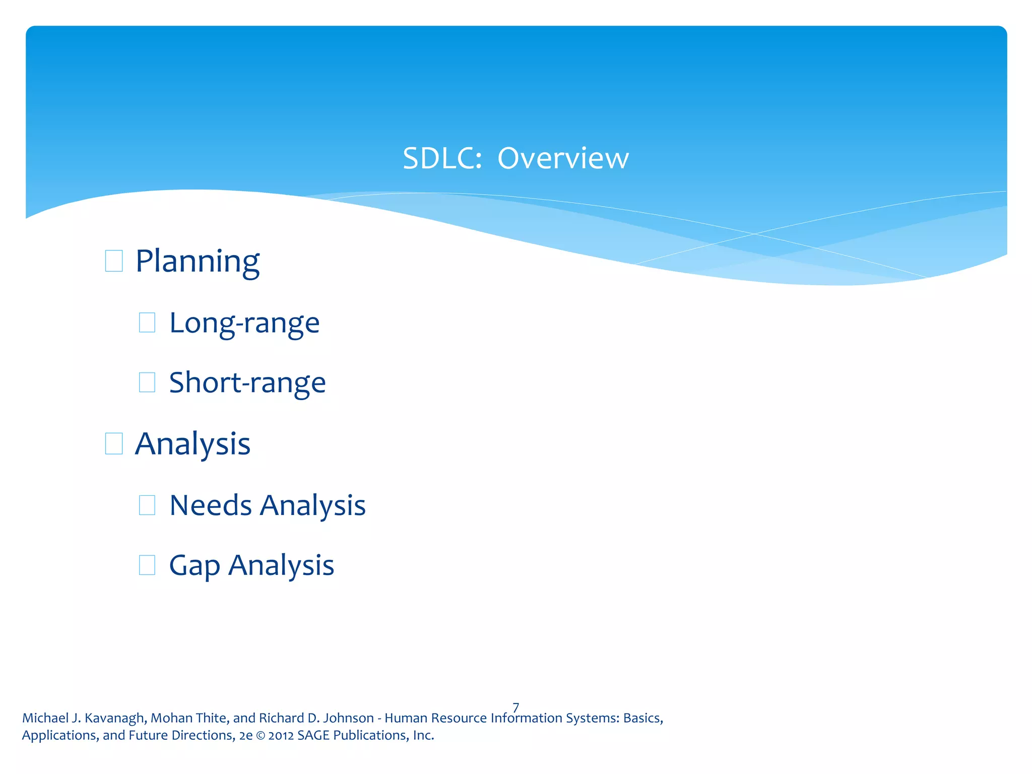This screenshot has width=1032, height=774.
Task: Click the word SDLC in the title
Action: click(x=442, y=159)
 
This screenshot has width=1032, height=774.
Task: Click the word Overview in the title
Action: click(x=563, y=159)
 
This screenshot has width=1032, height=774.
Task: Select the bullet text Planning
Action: click(x=198, y=262)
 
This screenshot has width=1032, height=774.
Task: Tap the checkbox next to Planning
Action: click(x=114, y=261)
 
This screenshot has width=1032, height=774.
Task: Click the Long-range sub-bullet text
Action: click(x=244, y=323)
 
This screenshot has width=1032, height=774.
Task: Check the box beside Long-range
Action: click(x=147, y=322)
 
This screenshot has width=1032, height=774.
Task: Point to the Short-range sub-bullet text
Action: click(x=247, y=383)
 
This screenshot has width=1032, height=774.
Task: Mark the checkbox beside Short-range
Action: click(x=147, y=382)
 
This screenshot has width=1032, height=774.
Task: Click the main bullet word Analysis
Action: click(x=192, y=444)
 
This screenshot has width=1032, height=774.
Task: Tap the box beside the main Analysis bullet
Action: click(x=114, y=444)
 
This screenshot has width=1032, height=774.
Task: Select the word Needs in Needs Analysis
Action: click(x=211, y=505)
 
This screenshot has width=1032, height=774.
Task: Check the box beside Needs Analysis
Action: click(x=147, y=505)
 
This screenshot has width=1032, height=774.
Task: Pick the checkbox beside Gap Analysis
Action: click(x=147, y=565)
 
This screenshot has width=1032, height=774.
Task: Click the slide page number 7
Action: click(x=515, y=707)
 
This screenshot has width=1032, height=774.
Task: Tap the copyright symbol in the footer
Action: click(x=260, y=736)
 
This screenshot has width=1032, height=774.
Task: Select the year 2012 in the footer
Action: click(x=281, y=736)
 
